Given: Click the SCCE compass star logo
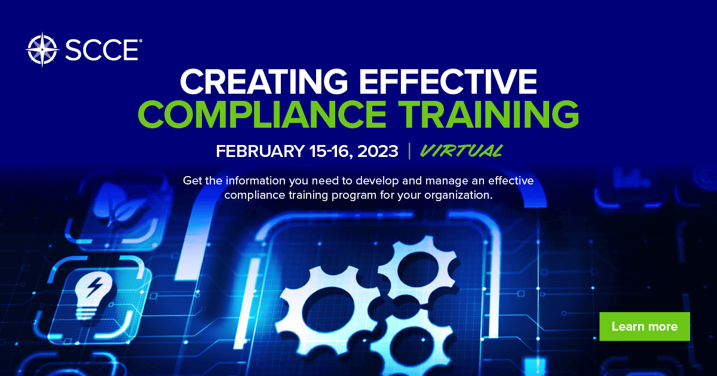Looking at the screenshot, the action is coord(42,50).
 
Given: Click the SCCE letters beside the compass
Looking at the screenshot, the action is coord(102,50).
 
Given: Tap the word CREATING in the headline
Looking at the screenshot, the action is coord(263,81).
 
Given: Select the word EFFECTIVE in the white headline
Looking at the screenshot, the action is coord(448,81).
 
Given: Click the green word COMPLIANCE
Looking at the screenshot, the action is coord(262,114).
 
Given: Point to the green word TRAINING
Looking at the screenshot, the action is coord(489,114).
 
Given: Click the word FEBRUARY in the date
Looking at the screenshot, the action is coord(260,151).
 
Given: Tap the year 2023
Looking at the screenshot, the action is coord(378,151).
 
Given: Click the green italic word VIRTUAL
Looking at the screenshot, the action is coord(461,151).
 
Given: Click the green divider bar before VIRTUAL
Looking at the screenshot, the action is coord(409,151).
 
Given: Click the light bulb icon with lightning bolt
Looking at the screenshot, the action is coord(93,297).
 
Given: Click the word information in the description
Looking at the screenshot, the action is coord(256,181).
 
